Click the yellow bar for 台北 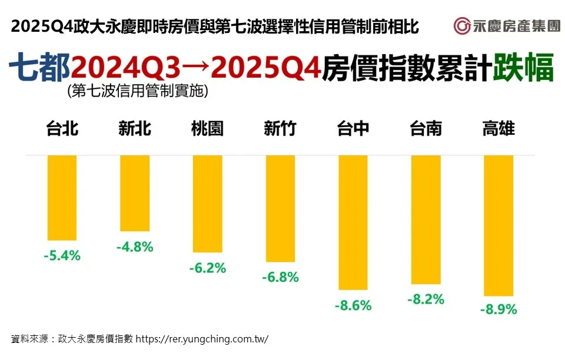62,198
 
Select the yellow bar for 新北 135,193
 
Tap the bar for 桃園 207,204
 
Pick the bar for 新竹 280,208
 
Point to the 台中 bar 353,222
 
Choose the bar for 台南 426,219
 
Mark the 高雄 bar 498,225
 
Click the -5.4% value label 62,256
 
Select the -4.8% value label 135,247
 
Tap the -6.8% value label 280,276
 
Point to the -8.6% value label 353,305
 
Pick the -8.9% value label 498,309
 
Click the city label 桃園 207,129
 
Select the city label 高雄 498,129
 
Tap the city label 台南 426,129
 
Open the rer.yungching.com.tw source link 202,339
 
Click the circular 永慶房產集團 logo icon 461,26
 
